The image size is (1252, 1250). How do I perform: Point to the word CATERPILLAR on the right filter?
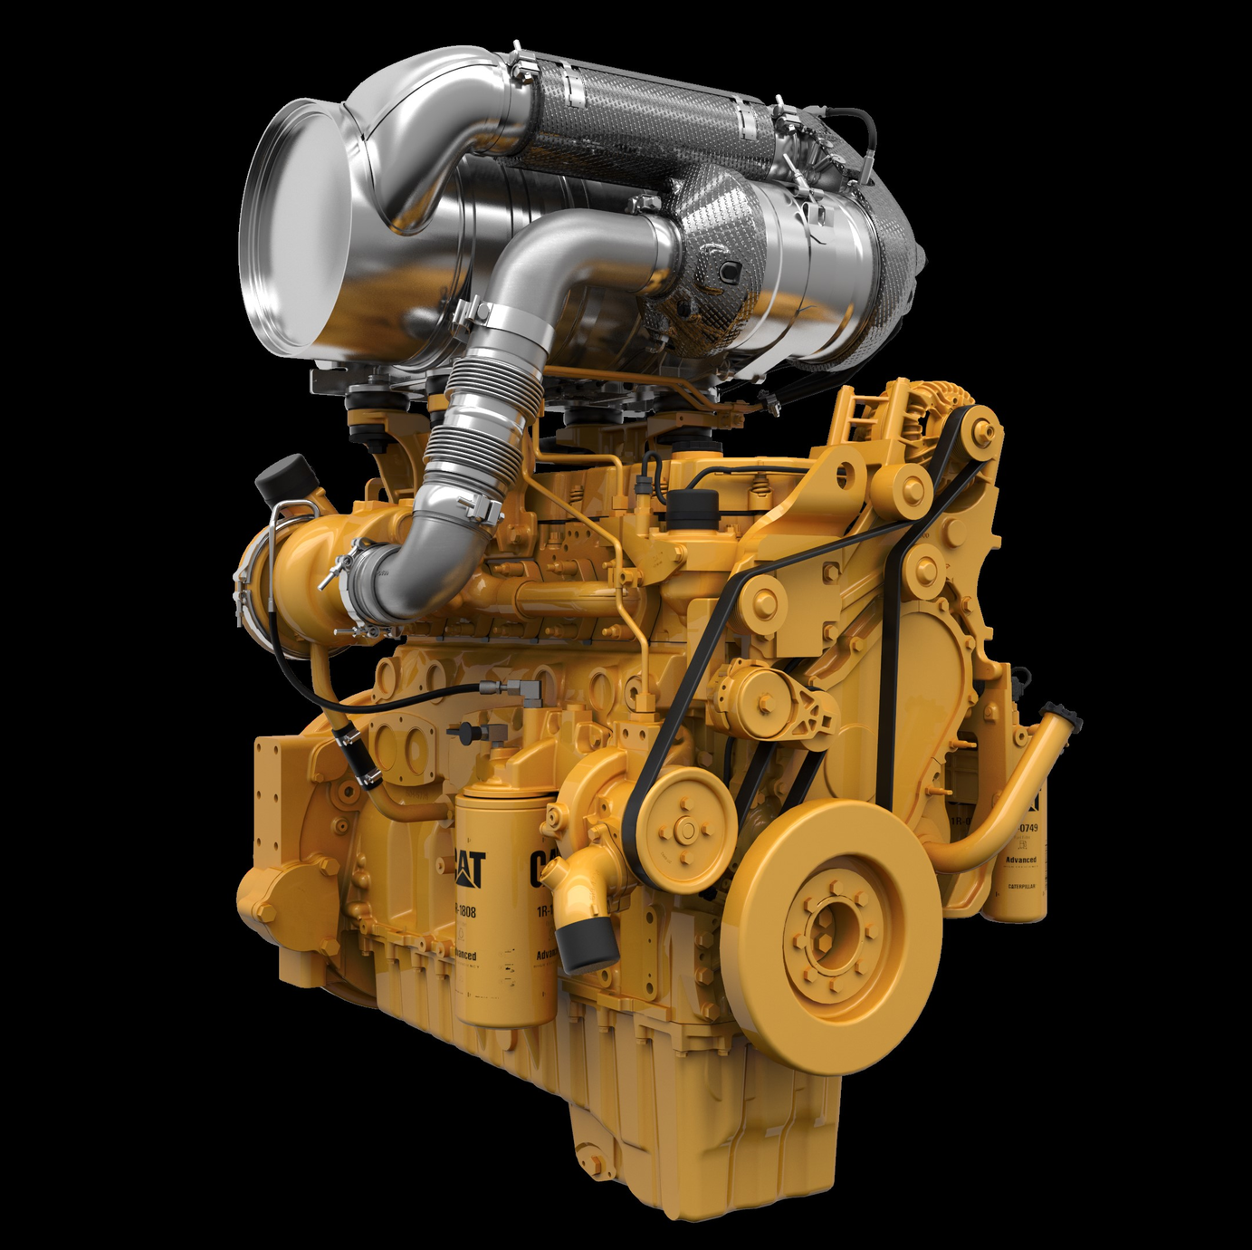1026,887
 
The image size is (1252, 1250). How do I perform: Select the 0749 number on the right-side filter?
1027,828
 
